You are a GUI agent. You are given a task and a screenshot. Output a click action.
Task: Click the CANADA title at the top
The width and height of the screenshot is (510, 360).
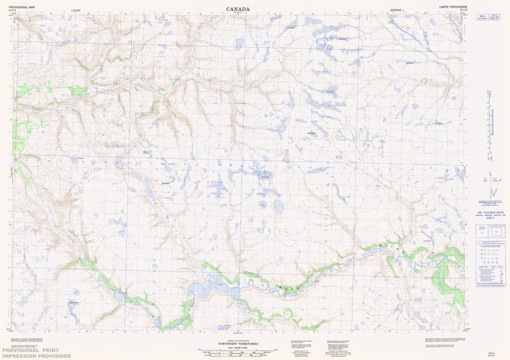238,9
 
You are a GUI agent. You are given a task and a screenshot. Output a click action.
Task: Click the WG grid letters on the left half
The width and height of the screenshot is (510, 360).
147,153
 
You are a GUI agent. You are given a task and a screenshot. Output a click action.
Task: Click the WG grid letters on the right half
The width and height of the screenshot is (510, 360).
339,157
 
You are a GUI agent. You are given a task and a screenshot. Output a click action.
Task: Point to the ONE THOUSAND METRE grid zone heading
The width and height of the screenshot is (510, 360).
488,212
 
